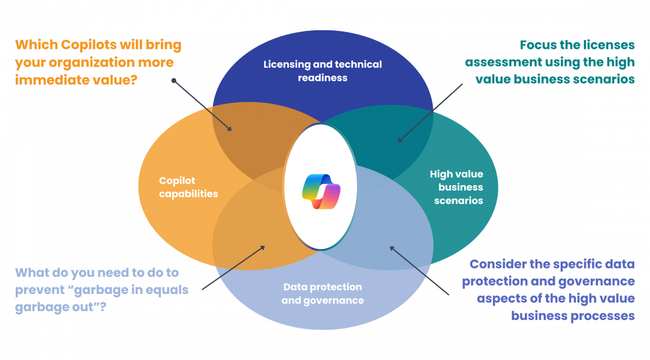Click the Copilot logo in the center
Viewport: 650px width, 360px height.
pos(321,191)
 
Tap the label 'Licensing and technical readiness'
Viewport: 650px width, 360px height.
pos(322,71)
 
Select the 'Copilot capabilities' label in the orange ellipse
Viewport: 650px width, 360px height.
pos(188,187)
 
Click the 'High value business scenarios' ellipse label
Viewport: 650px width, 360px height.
pos(456,187)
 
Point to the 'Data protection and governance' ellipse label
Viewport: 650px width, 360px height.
pos(322,293)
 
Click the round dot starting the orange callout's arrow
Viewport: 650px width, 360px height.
pos(173,81)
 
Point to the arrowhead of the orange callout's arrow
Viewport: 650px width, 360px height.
pos(231,130)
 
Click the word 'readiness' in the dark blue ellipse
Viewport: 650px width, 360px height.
pos(322,77)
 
